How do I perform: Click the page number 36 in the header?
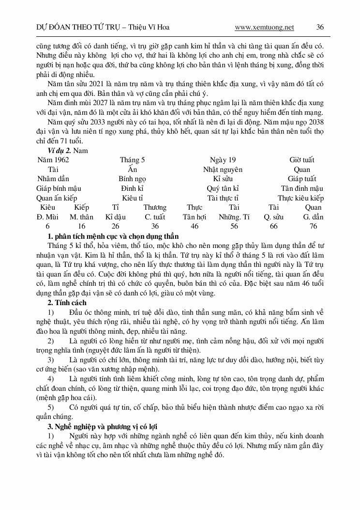pyautogui.click(x=320, y=28)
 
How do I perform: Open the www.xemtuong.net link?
pyautogui.click(x=264, y=28)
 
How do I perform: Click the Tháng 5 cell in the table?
pyautogui.click(x=133, y=160)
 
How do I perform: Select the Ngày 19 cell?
pyautogui.click(x=223, y=160)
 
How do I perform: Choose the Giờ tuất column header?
pyautogui.click(x=302, y=160)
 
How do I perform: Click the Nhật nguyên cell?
pyautogui.click(x=223, y=170)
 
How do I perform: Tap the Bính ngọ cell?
pyautogui.click(x=133, y=179)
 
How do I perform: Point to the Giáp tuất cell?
pyautogui.click(x=302, y=179)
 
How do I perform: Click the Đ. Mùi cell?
pyautogui.click(x=47, y=217)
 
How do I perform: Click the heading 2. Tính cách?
pyautogui.click(x=67, y=303)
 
